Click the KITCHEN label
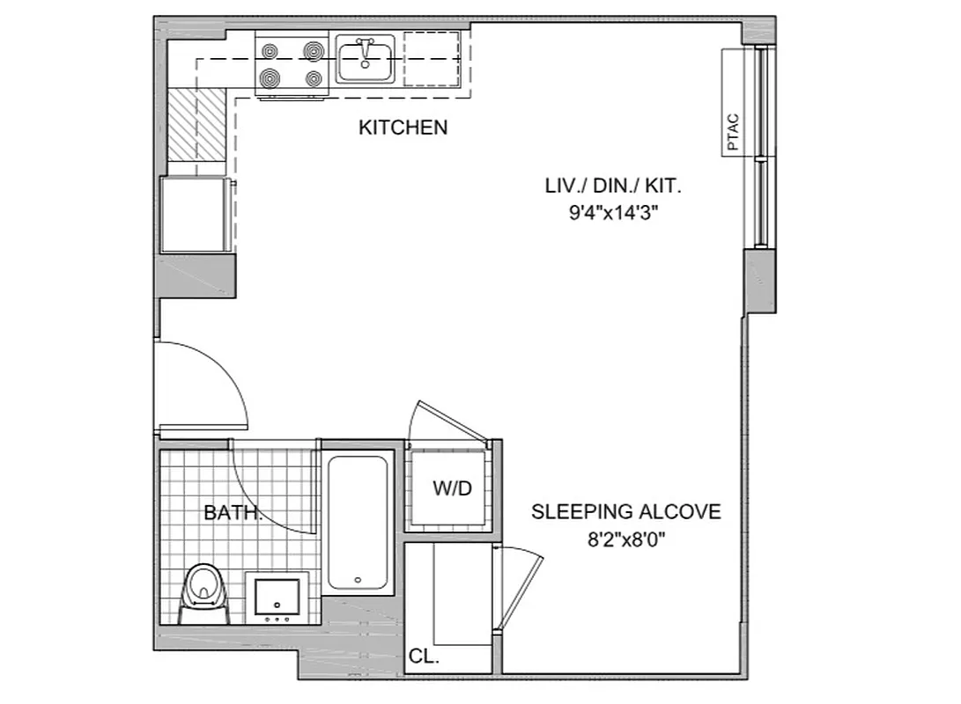(x=403, y=128)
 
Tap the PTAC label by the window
(x=735, y=133)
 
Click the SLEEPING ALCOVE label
(x=625, y=511)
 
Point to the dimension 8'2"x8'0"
(x=625, y=539)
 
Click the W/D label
(x=452, y=489)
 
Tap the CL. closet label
(x=424, y=656)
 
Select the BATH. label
(x=233, y=512)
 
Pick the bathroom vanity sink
(x=277, y=596)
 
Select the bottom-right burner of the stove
(x=314, y=78)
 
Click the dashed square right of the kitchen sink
(x=432, y=59)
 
